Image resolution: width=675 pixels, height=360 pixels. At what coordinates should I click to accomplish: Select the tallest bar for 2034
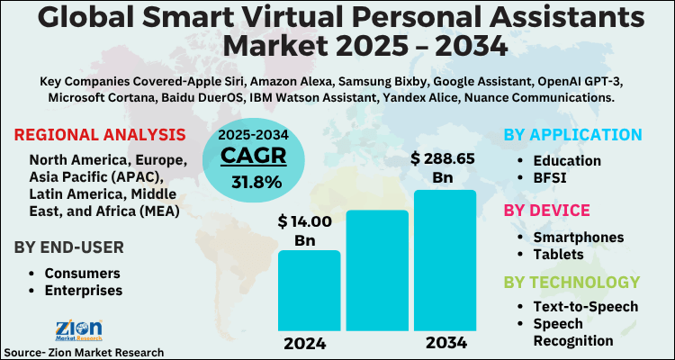tap(445, 261)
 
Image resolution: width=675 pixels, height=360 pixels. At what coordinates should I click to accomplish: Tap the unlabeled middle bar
tap(377, 270)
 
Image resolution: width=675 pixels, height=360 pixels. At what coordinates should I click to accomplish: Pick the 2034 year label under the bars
tap(445, 343)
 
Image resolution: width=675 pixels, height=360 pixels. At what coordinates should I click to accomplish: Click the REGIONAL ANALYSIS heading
tap(100, 136)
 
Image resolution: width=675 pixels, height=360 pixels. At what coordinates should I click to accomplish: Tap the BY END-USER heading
tap(68, 247)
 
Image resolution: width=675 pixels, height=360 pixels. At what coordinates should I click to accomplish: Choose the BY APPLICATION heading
tap(572, 135)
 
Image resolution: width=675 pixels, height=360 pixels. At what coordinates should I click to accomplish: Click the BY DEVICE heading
tap(546, 211)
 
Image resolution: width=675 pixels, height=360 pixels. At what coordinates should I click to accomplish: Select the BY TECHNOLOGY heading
tap(571, 282)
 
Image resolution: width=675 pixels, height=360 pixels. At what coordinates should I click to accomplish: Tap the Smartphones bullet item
tap(578, 237)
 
